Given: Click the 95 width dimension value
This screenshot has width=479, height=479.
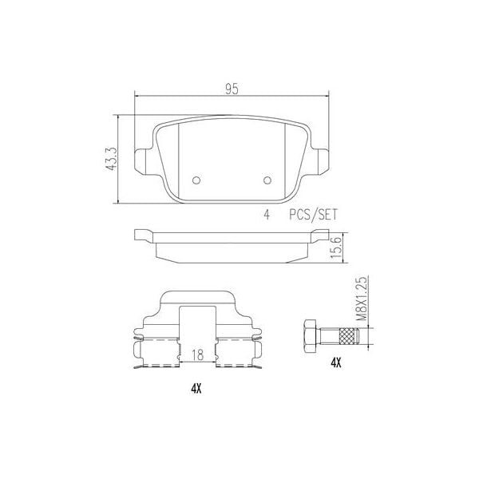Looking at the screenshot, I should point(232,89).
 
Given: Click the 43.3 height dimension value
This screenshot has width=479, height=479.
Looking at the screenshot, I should point(112,156).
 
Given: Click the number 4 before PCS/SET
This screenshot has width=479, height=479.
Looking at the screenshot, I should point(266,214).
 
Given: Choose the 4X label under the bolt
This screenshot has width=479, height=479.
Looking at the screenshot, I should point(335,362).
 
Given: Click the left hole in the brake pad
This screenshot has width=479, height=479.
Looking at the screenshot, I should point(197,179).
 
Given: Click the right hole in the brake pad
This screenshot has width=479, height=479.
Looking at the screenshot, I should point(268,179).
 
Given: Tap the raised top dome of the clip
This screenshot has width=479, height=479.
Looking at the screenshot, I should point(197,299).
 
